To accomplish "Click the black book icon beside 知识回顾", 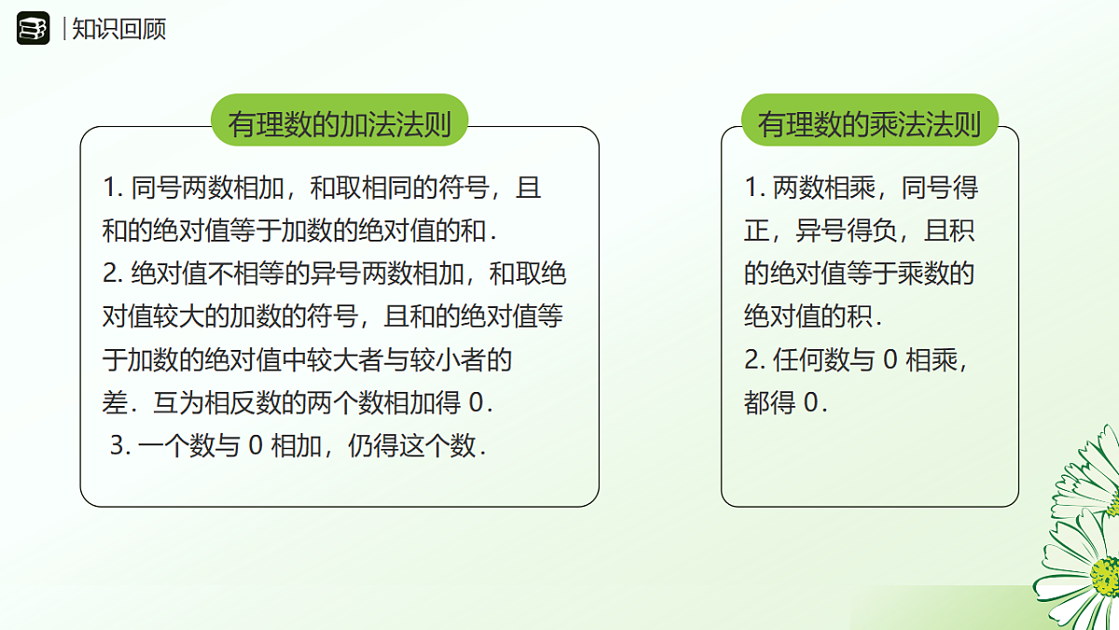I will coord(33,29).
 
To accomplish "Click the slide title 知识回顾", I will coord(119,29).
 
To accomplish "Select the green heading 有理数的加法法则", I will coord(339,123).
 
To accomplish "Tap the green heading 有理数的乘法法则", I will coord(869,123).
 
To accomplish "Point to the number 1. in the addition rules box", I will coord(113,189).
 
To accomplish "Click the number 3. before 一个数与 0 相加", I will coord(118,446).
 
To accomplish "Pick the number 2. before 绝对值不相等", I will coord(113,274).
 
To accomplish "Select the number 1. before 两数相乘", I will coord(754,189).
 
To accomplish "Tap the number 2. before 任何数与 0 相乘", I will coord(754,360).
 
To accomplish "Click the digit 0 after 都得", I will coord(810,403).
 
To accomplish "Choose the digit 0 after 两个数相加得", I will coord(477,403).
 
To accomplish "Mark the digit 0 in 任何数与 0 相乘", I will coord(889,360).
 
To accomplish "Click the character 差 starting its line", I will coord(114,403).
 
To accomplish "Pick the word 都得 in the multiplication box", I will coord(770,403).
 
